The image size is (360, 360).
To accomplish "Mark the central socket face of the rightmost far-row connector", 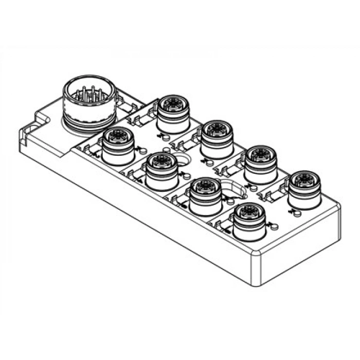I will click(x=304, y=179).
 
